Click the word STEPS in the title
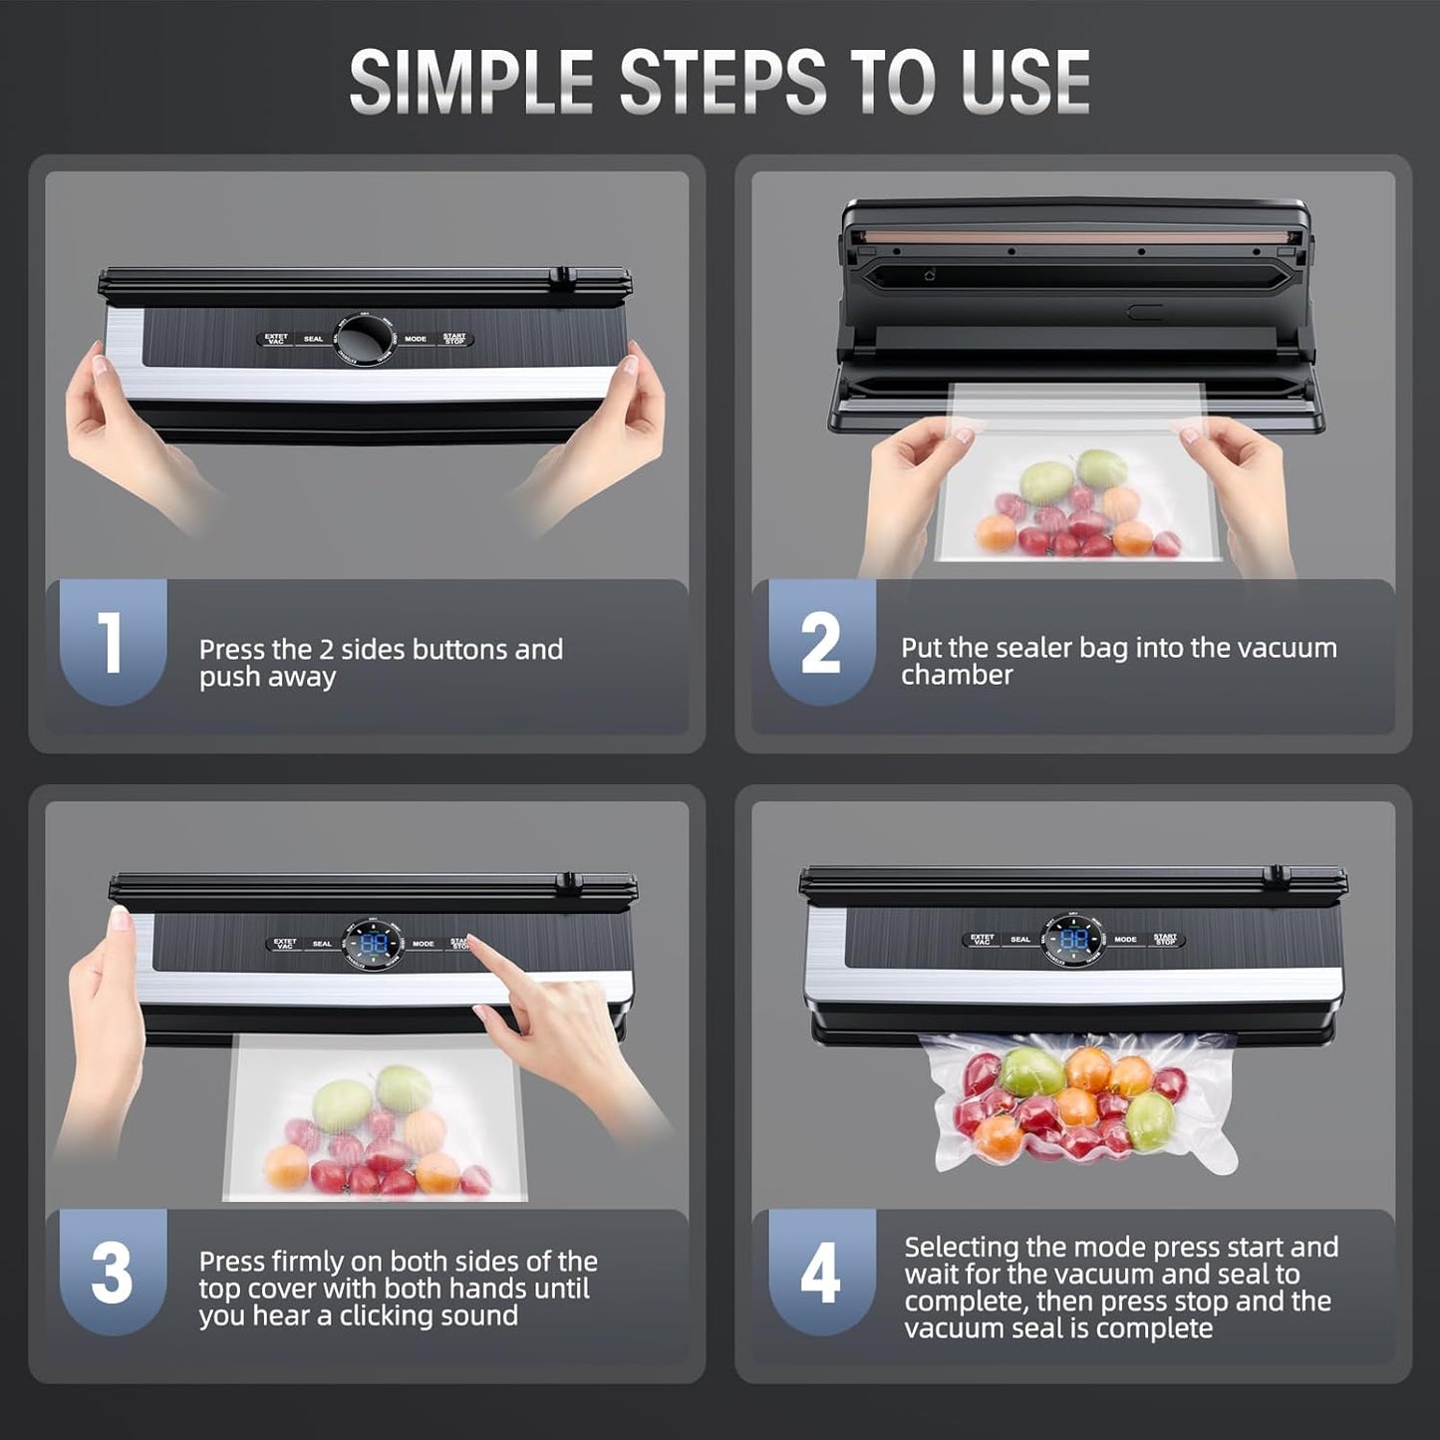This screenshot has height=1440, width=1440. click(x=722, y=82)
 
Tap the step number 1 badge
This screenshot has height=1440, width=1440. click(x=112, y=643)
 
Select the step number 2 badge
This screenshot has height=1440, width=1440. click(x=820, y=643)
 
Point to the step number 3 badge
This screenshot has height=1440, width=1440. click(x=112, y=1273)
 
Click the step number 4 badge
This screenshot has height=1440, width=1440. click(x=820, y=1273)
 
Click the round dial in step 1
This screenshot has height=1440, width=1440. click(x=364, y=340)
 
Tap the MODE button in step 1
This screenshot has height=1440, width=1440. click(x=416, y=340)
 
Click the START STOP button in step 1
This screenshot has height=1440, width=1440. click(x=454, y=340)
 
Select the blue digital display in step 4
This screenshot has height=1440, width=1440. click(x=1073, y=940)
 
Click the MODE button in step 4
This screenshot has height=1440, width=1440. click(x=1125, y=940)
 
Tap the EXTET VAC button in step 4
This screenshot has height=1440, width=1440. click(x=983, y=940)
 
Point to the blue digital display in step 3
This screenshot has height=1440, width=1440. click(x=374, y=944)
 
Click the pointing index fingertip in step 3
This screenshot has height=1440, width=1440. click(x=472, y=940)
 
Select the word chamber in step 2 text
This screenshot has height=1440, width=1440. click(x=957, y=676)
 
